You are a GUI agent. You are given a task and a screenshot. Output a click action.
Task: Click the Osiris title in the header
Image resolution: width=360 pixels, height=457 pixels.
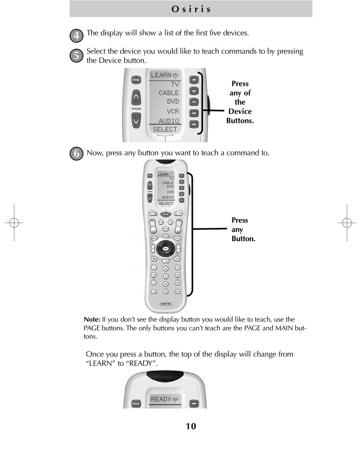click(191, 9)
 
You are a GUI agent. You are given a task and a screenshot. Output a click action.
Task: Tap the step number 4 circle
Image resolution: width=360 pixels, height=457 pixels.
click(77, 36)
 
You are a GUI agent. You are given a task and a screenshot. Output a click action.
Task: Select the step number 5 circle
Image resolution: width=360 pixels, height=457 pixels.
click(77, 56)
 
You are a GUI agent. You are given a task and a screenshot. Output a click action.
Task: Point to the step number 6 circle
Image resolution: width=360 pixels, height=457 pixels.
click(77, 154)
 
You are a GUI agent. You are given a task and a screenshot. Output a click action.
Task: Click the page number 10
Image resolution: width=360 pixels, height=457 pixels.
click(191, 426)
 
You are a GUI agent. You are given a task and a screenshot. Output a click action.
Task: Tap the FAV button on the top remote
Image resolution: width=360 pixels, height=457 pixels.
click(136, 80)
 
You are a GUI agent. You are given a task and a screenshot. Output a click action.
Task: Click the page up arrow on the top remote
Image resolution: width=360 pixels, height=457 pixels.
click(136, 98)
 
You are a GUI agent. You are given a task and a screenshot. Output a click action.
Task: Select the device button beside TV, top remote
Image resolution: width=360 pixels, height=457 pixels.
click(194, 80)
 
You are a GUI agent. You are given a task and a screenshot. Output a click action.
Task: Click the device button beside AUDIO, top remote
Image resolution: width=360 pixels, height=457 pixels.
click(194, 124)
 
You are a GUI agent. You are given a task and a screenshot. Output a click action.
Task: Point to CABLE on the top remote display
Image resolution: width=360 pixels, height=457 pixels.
click(169, 93)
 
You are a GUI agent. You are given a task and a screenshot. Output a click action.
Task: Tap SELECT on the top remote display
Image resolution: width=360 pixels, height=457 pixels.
click(165, 129)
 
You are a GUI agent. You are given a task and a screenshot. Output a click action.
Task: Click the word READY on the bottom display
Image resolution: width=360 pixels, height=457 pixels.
click(161, 399)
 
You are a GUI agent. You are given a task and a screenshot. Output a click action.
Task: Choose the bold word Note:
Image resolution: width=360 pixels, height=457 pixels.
click(92, 320)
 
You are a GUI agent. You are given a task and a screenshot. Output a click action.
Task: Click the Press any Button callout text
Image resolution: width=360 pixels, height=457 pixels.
click(243, 229)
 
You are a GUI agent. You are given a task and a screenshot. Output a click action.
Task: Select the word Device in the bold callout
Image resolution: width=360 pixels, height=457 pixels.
click(240, 111)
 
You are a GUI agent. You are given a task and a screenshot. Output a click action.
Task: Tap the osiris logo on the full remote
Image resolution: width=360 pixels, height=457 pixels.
click(166, 303)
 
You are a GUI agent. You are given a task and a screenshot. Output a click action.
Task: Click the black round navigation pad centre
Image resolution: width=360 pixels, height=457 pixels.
click(166, 249)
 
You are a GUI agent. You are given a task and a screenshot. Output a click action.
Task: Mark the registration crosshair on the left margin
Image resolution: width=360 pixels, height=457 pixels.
click(14, 223)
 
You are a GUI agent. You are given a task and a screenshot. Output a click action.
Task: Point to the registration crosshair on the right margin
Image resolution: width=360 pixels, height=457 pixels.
click(347, 223)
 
